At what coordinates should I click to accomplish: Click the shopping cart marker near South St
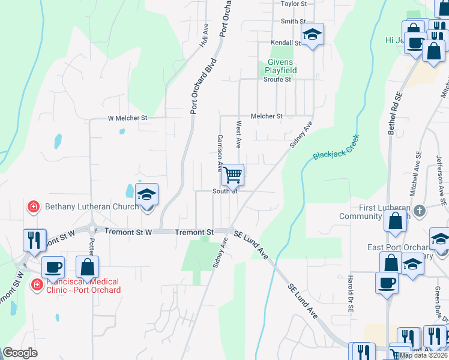click(x=232, y=175)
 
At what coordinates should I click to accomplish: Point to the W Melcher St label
click(x=127, y=118)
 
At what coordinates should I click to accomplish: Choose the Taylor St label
click(x=294, y=4)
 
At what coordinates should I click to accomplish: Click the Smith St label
click(x=293, y=22)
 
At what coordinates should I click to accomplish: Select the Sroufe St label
click(x=277, y=79)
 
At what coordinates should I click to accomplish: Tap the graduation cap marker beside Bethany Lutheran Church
click(x=146, y=195)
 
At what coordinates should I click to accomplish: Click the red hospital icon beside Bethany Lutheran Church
click(x=34, y=207)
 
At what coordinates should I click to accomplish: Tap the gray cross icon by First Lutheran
click(x=420, y=211)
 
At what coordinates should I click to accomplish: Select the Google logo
click(x=20, y=353)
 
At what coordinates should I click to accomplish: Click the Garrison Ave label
click(x=220, y=149)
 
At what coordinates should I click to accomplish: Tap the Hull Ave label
click(x=204, y=40)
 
